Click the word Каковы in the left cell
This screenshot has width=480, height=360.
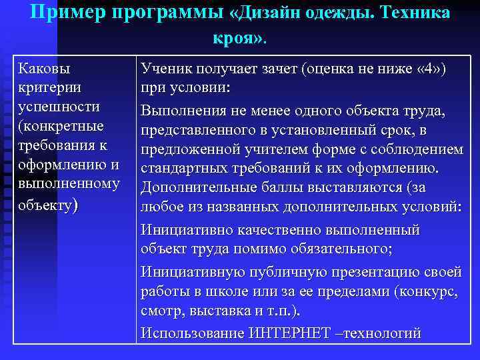click(x=45, y=69)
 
